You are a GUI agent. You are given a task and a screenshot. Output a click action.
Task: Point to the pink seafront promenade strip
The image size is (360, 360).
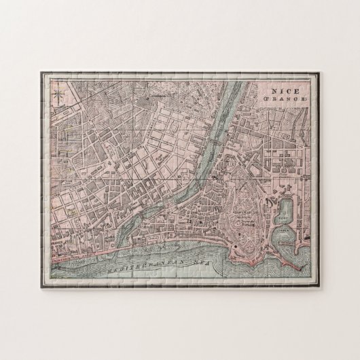75,257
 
